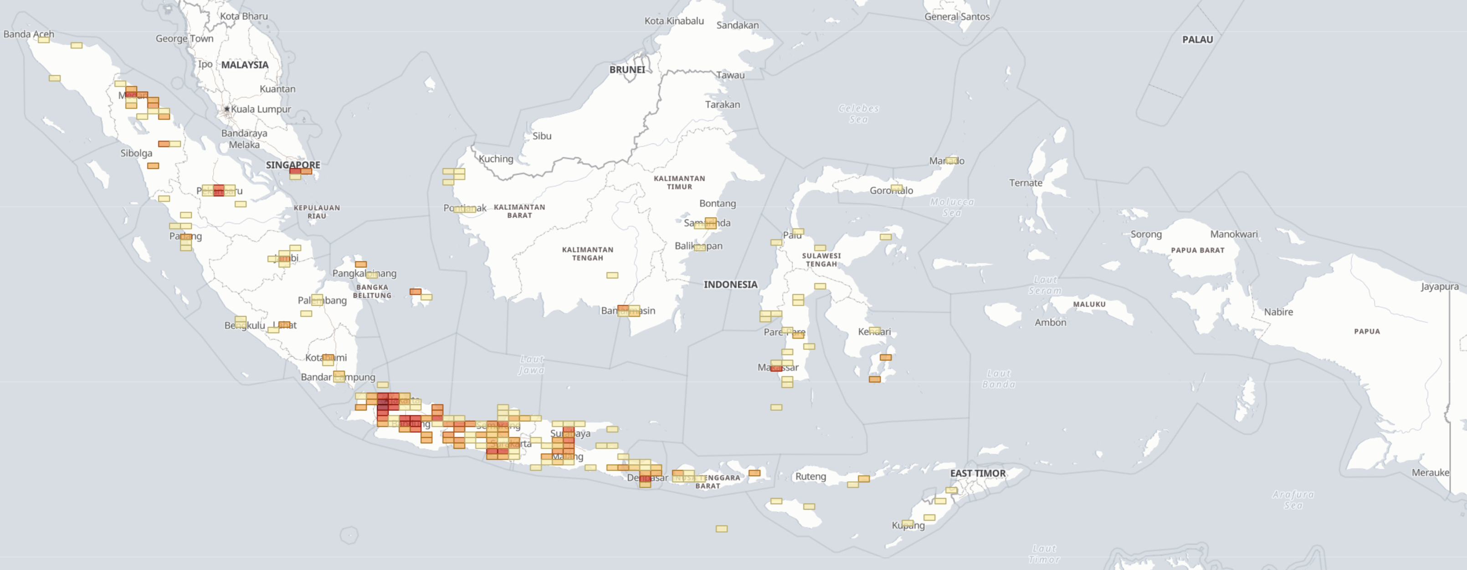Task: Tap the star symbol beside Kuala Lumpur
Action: point(227,109)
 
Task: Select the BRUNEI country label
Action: point(627,69)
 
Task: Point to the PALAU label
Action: point(1197,39)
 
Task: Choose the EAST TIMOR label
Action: point(978,473)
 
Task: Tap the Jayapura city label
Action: point(1439,286)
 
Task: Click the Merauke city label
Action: point(1430,472)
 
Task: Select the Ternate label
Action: point(1025,183)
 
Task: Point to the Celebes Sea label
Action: point(858,114)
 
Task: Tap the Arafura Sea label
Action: point(1293,499)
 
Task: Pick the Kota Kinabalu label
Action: point(674,21)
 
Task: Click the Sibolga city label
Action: point(136,153)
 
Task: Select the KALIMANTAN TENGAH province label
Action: point(587,254)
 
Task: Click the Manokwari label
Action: point(1234,234)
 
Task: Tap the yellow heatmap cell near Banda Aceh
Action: point(44,39)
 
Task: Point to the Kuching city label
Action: point(496,159)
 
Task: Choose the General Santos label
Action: point(957,16)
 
